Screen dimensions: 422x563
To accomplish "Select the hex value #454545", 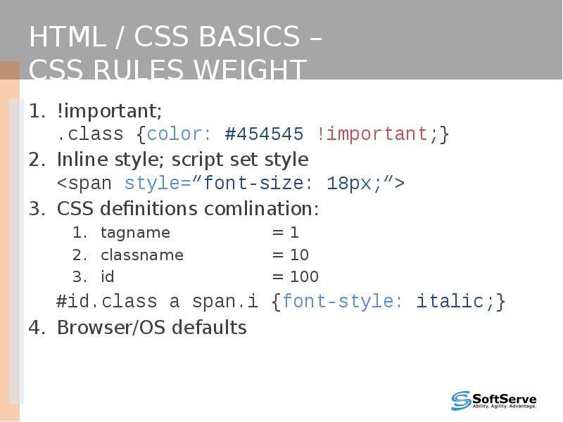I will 264,134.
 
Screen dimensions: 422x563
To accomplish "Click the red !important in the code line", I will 372,134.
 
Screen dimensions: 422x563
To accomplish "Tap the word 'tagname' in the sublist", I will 135,233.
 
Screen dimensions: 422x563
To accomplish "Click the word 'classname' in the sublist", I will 141,255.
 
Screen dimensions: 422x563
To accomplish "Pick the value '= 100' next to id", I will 296,277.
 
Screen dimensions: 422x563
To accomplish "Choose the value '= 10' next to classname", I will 291,255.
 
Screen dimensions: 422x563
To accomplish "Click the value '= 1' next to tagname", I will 286,233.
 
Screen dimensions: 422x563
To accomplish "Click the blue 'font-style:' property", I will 343,302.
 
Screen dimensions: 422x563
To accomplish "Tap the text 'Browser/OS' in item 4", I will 113,328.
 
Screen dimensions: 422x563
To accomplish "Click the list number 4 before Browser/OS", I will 34,328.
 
